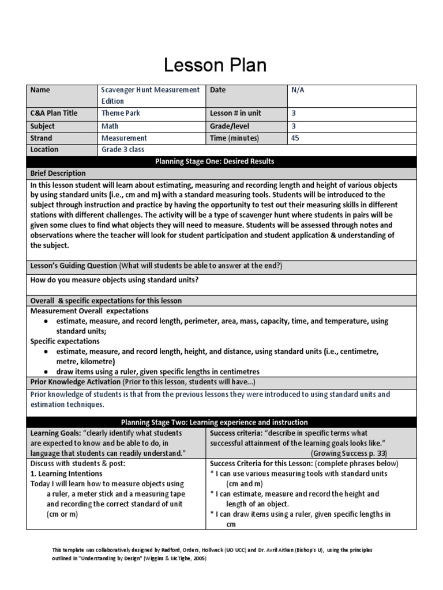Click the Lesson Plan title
pos(215,65)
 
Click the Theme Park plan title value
pos(121,113)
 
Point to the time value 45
pos(295,138)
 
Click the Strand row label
pos(41,138)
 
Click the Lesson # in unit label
pos(235,113)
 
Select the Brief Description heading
pos(58,173)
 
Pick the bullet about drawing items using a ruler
pos(157,371)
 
